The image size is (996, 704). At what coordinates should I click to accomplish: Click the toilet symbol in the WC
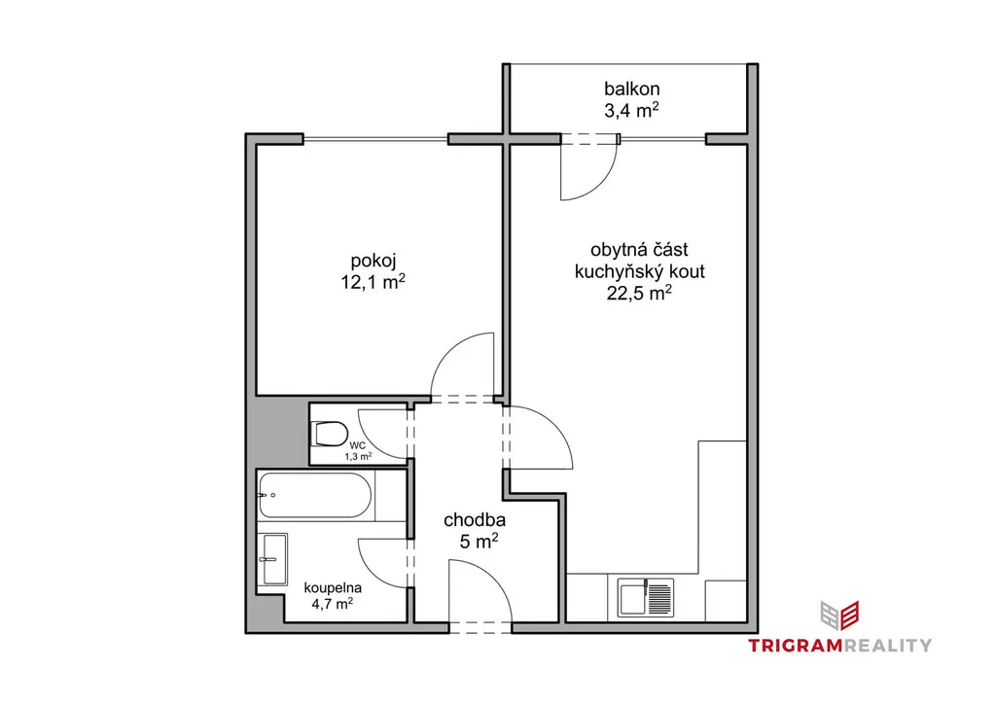[x=331, y=435]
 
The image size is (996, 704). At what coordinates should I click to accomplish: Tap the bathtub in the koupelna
[x=315, y=495]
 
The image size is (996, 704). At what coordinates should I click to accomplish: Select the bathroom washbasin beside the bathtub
[x=272, y=559]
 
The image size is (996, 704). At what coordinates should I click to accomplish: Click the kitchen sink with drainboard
[x=646, y=599]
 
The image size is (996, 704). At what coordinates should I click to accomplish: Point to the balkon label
[x=631, y=88]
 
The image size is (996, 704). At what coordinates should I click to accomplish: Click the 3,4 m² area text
[x=631, y=111]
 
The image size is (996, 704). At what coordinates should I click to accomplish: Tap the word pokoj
[x=373, y=261]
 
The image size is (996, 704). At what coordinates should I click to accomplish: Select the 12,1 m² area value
[x=373, y=282]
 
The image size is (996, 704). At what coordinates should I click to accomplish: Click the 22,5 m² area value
[x=640, y=294]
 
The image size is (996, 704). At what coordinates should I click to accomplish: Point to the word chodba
[x=475, y=520]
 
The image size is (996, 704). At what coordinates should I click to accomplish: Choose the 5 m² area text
[x=479, y=542]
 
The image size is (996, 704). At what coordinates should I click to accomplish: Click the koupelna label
[x=333, y=588]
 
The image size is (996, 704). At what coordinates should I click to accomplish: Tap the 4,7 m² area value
[x=333, y=604]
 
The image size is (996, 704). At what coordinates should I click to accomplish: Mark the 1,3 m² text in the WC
[x=358, y=456]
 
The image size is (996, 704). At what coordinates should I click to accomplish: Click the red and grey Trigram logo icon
[x=839, y=616]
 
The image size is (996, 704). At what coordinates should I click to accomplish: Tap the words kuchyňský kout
[x=640, y=271]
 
